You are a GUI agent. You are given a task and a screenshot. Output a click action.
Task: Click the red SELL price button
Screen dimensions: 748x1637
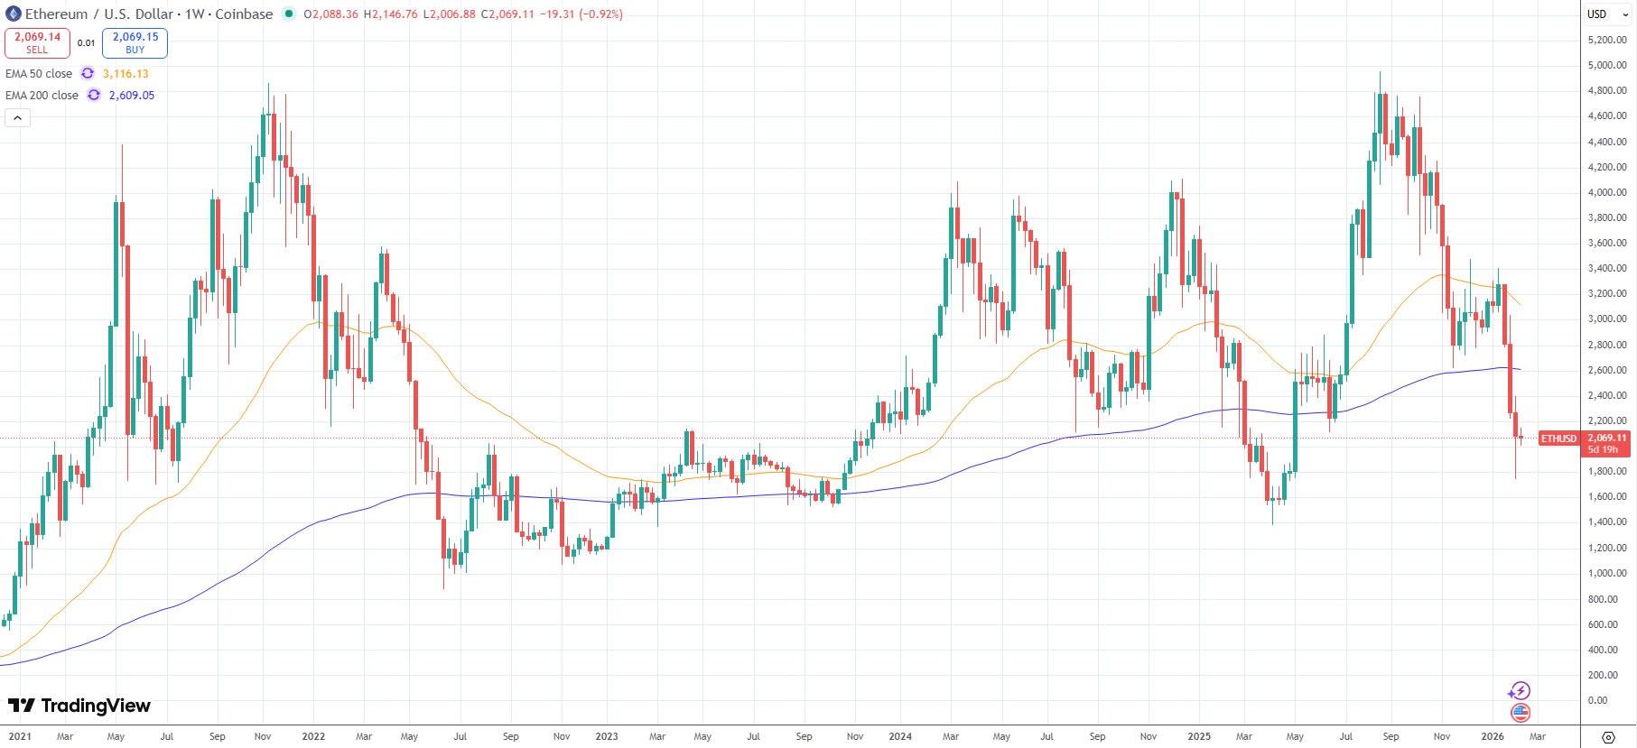click(37, 42)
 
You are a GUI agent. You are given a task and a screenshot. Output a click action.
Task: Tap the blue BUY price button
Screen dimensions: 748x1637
click(135, 42)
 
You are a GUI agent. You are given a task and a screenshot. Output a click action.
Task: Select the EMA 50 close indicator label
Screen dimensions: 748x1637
click(39, 74)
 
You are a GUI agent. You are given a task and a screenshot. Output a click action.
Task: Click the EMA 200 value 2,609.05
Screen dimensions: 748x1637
click(132, 96)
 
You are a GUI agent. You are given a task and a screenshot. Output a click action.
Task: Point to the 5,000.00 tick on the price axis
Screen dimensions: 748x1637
click(1606, 65)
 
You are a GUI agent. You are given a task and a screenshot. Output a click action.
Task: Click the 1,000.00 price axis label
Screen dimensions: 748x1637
click(1606, 573)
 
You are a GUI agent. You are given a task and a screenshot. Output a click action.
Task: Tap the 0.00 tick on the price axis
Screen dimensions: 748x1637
click(1597, 700)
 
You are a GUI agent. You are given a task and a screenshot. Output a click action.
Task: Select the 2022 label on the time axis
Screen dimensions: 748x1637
click(313, 736)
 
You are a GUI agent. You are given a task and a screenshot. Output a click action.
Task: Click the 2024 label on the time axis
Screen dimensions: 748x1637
click(900, 736)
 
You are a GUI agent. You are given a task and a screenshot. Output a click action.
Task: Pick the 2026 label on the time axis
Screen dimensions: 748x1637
click(1493, 736)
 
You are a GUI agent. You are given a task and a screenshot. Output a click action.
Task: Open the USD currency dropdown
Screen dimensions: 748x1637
click(1607, 14)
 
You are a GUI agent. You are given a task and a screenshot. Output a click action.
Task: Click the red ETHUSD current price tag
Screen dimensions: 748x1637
click(1558, 439)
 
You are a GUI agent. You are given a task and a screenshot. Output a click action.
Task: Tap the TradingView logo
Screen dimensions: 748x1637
click(79, 706)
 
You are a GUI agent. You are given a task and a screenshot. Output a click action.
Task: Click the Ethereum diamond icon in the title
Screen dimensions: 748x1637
click(13, 14)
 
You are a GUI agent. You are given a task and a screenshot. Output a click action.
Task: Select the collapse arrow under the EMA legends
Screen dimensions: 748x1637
click(17, 118)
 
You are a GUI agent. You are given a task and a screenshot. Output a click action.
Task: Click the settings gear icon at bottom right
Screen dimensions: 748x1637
click(1608, 737)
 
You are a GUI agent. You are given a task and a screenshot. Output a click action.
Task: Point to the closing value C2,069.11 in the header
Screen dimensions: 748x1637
click(507, 14)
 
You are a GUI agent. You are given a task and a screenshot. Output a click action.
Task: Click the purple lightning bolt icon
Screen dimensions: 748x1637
click(1520, 691)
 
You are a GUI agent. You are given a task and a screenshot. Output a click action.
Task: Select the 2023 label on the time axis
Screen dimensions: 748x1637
click(607, 736)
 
